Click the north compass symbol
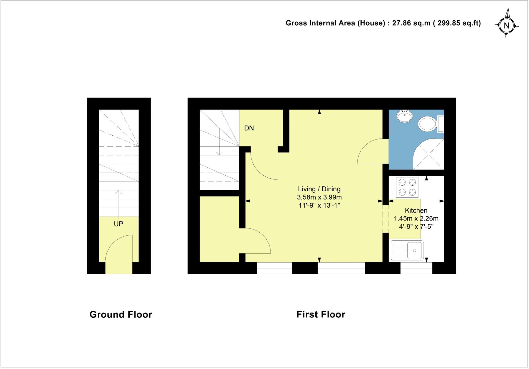[506, 25]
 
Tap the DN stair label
[249, 128]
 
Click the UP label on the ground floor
[119, 224]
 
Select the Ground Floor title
[121, 315]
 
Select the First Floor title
[321, 314]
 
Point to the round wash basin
[405, 116]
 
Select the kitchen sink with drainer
[407, 250]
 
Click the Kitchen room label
[416, 210]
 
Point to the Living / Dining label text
[319, 189]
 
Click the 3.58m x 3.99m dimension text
[319, 197]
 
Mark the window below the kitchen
[416, 268]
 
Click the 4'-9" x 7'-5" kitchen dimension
[416, 227]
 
